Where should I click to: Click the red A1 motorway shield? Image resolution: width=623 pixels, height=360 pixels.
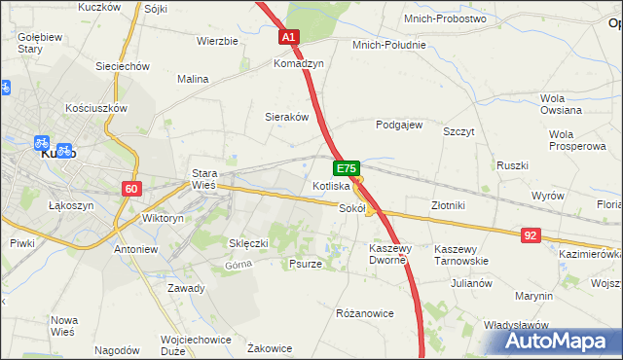[x=289, y=37]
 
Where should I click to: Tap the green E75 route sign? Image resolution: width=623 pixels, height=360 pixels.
[x=349, y=168]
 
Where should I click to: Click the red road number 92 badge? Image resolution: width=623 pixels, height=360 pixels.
[x=531, y=234]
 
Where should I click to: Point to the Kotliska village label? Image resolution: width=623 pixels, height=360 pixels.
[x=331, y=186]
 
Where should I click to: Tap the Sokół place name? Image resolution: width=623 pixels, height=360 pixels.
[x=351, y=207]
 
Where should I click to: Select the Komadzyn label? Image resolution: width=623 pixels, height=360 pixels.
[x=299, y=63]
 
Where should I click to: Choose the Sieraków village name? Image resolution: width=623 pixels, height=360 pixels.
[x=287, y=117]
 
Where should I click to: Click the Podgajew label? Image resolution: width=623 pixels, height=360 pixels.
[x=399, y=125]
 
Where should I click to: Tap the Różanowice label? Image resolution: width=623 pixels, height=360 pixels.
[x=364, y=313]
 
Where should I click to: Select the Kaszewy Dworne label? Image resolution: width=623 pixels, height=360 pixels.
[x=399, y=255]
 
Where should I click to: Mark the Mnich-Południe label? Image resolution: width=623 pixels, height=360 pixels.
[x=389, y=45]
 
